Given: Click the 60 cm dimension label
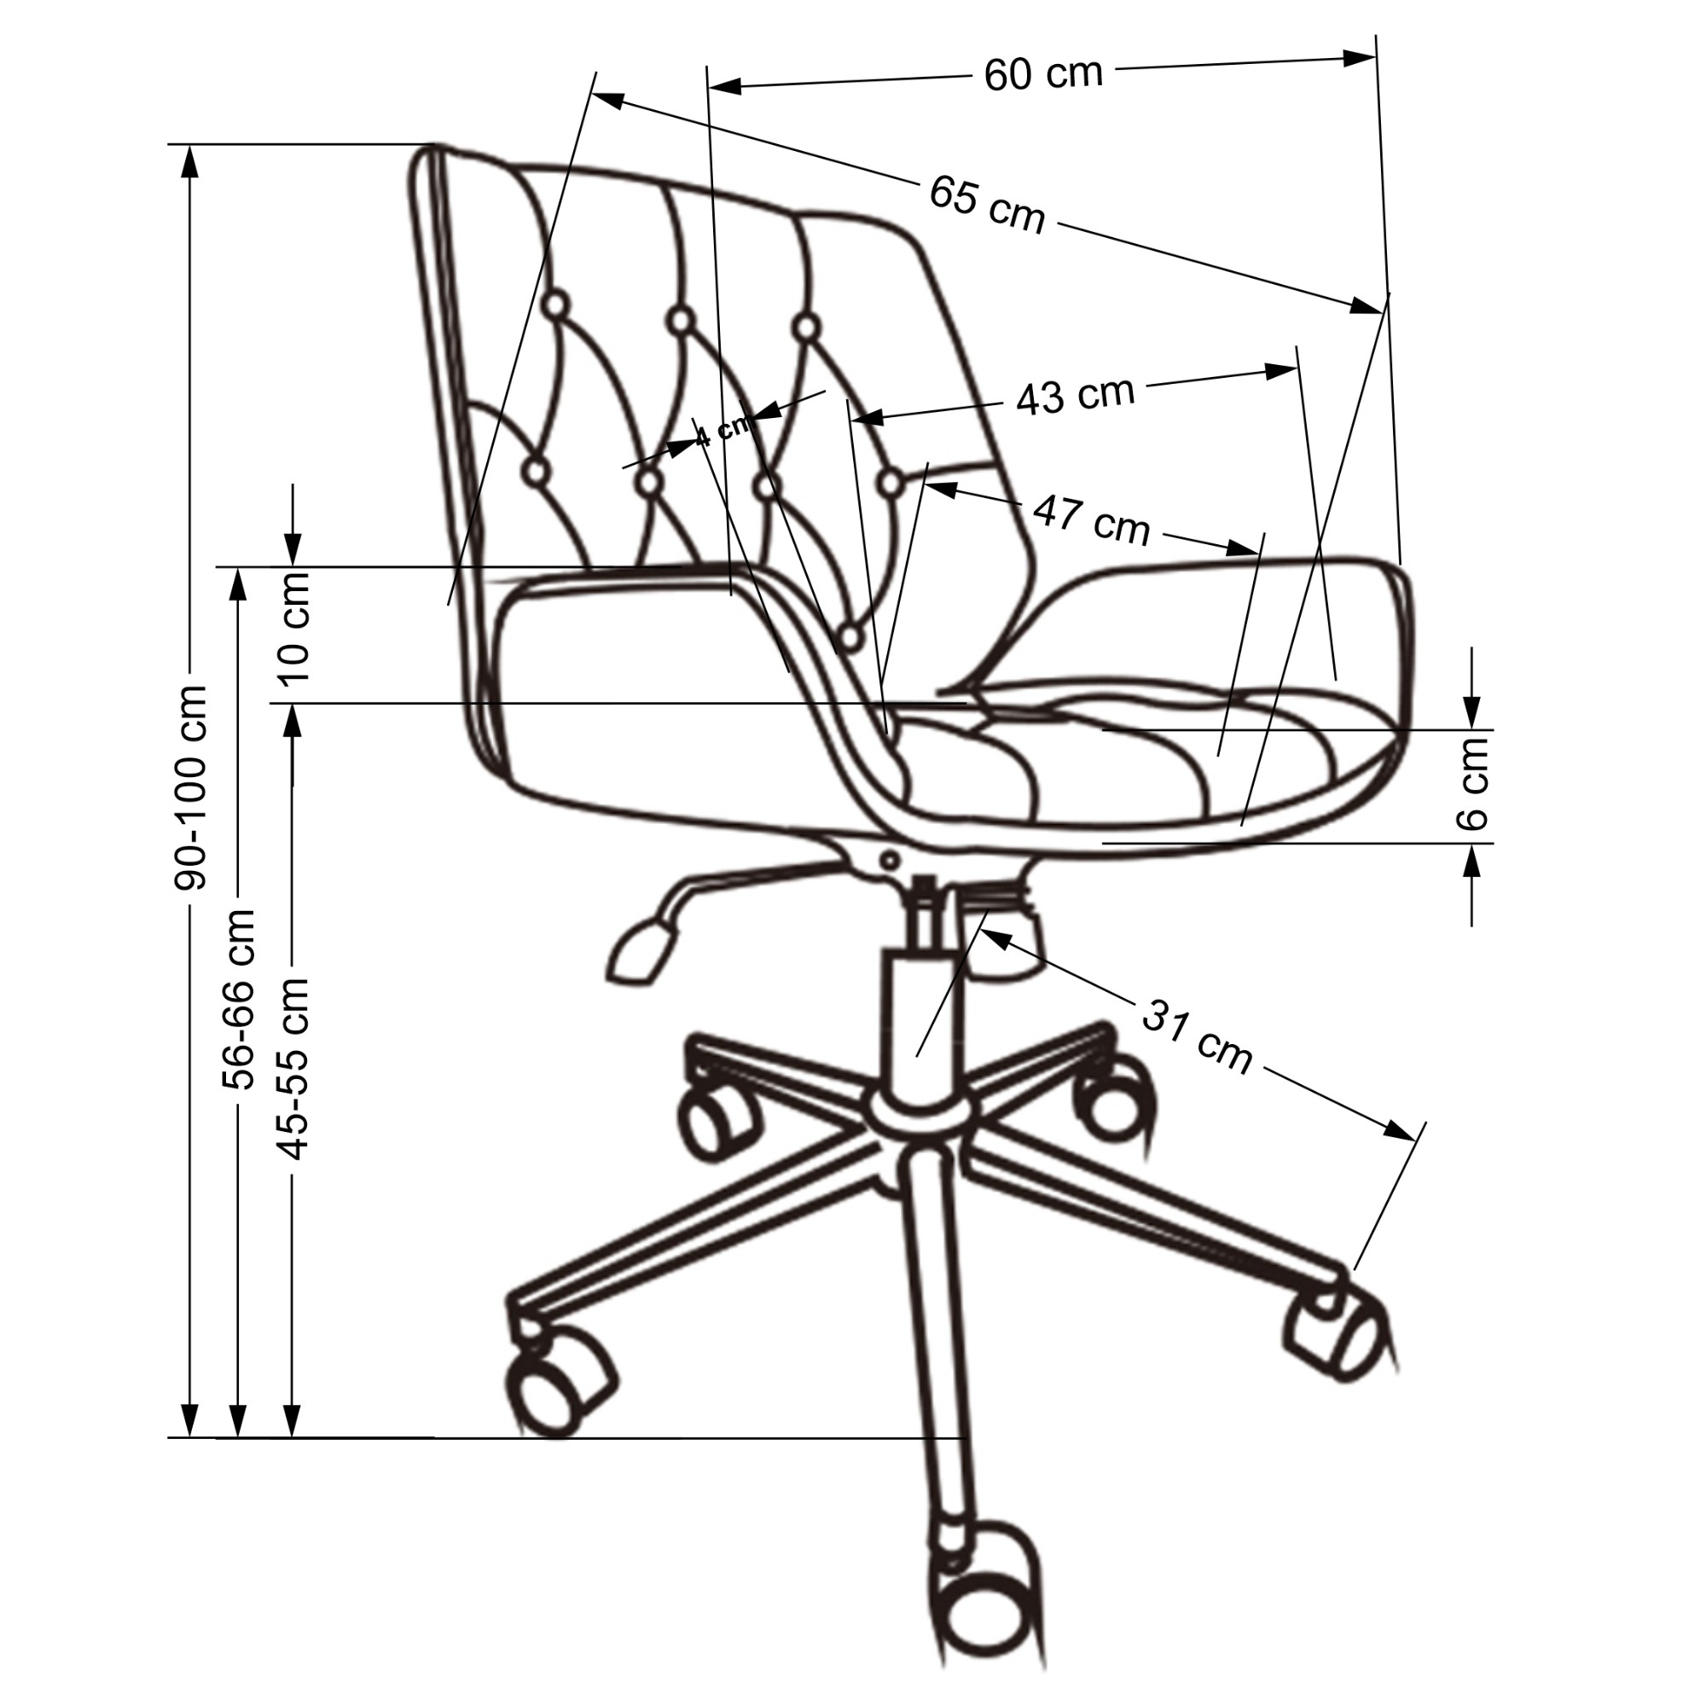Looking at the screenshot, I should (1043, 73).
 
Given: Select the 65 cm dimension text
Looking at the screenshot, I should (986, 206).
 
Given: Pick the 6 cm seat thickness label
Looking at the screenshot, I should (1471, 783).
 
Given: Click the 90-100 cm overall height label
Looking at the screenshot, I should (191, 786).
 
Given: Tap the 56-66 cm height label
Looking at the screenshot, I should (239, 998).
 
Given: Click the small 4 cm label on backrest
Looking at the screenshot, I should (722, 431).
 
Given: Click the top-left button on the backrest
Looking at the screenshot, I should (555, 305).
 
